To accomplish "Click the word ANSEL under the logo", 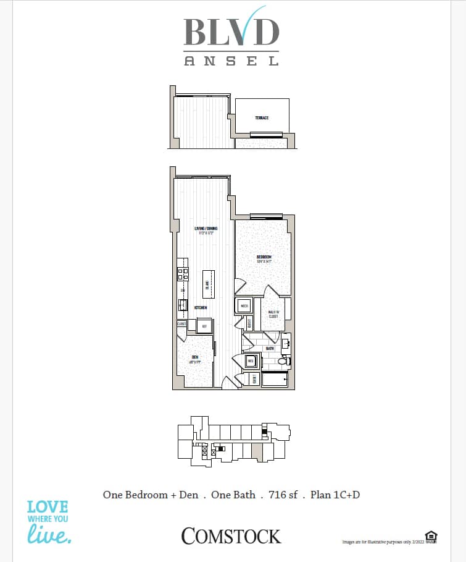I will pos(231,61).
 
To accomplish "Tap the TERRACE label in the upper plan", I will pos(262,117).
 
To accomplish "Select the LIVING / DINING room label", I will pos(205,229).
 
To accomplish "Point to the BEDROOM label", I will pos(264,257).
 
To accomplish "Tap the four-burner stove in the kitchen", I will pos(183,273).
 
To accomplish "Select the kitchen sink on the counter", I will pos(183,304).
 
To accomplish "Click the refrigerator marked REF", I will pos(204,326).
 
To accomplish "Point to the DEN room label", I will pos(194,357).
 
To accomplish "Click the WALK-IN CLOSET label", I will pos(272,314).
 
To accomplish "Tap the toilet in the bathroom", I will pos(283,362).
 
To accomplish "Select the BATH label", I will pos(269,349).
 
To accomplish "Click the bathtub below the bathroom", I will pos(275,379).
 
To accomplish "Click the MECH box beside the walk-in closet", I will pos(244,305).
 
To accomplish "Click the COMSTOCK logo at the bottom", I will pos(231,536).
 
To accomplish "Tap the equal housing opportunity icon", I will pos(430,535).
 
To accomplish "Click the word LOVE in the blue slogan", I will pos(48,508).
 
